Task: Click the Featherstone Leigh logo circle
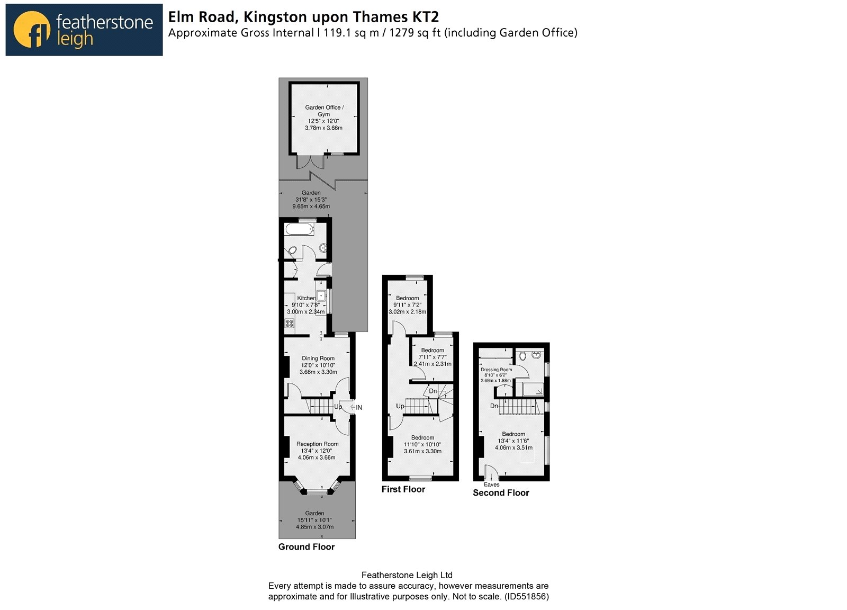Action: click(32, 30)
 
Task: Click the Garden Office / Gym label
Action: click(324, 111)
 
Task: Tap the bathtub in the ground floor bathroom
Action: click(300, 229)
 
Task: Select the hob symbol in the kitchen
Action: click(289, 324)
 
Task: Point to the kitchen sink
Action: click(321, 295)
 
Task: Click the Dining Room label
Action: click(318, 358)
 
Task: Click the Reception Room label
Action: click(317, 444)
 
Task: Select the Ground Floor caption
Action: click(307, 547)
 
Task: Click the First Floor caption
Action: click(403, 489)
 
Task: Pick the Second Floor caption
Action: click(501, 493)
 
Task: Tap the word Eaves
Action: click(492, 485)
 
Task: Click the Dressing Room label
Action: click(496, 370)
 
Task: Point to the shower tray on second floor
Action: click(533, 389)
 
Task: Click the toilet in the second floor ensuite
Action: click(522, 356)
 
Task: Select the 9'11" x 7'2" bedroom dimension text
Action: click(407, 305)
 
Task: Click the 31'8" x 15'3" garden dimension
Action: click(311, 200)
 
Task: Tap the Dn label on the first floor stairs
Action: click(432, 391)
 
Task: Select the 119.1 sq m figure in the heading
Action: click(352, 33)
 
